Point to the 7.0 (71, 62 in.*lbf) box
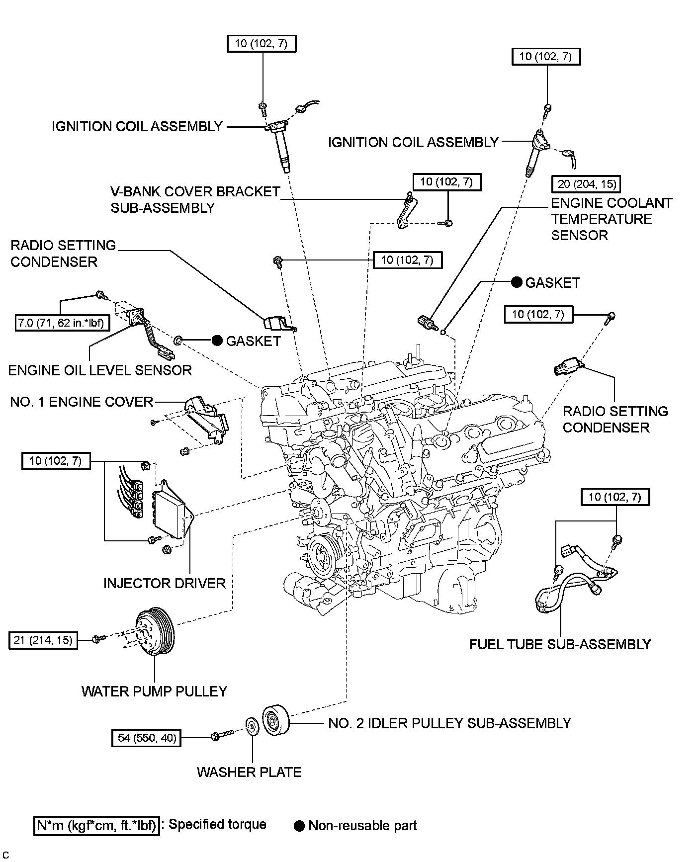[61, 324]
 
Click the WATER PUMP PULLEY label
[154, 691]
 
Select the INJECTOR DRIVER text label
[165, 583]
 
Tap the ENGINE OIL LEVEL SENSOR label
[100, 370]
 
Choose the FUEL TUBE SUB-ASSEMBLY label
[560, 644]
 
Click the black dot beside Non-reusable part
[299, 826]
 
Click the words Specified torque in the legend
[217, 824]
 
